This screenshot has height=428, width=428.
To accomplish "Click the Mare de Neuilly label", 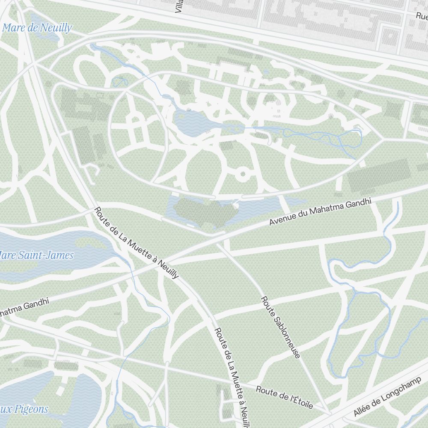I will tap(37, 28).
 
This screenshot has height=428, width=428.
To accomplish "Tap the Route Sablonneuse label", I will tap(281, 327).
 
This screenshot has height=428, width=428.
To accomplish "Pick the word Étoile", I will tap(301, 401).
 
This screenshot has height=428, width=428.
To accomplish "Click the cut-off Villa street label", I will tap(180, 6).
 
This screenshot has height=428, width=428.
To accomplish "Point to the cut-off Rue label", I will tap(422, 15).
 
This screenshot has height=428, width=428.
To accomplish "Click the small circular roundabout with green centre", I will tap(242, 174).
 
